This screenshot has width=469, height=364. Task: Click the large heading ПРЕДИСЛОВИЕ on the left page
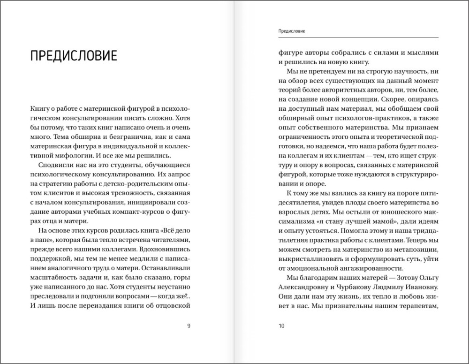click(x=73, y=55)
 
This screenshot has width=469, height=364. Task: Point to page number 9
click(x=188, y=326)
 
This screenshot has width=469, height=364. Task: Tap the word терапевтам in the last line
click(x=416, y=307)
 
